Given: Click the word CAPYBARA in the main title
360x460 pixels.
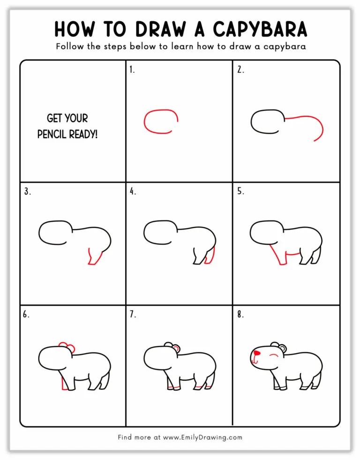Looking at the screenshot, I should click(x=260, y=29).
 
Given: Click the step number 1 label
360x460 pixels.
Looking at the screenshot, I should click(x=132, y=70).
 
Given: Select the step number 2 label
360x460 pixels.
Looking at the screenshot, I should click(x=240, y=70).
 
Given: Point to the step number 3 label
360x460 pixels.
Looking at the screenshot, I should click(x=27, y=191).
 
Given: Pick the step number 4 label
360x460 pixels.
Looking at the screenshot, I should click(x=133, y=191).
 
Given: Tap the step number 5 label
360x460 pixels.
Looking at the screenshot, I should click(x=240, y=191).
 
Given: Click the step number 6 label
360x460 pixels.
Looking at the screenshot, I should click(x=26, y=314).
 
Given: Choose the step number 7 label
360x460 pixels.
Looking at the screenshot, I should click(x=133, y=314).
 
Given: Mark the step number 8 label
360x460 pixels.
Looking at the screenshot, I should click(x=240, y=314).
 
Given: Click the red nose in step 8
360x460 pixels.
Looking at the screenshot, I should click(x=256, y=353).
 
